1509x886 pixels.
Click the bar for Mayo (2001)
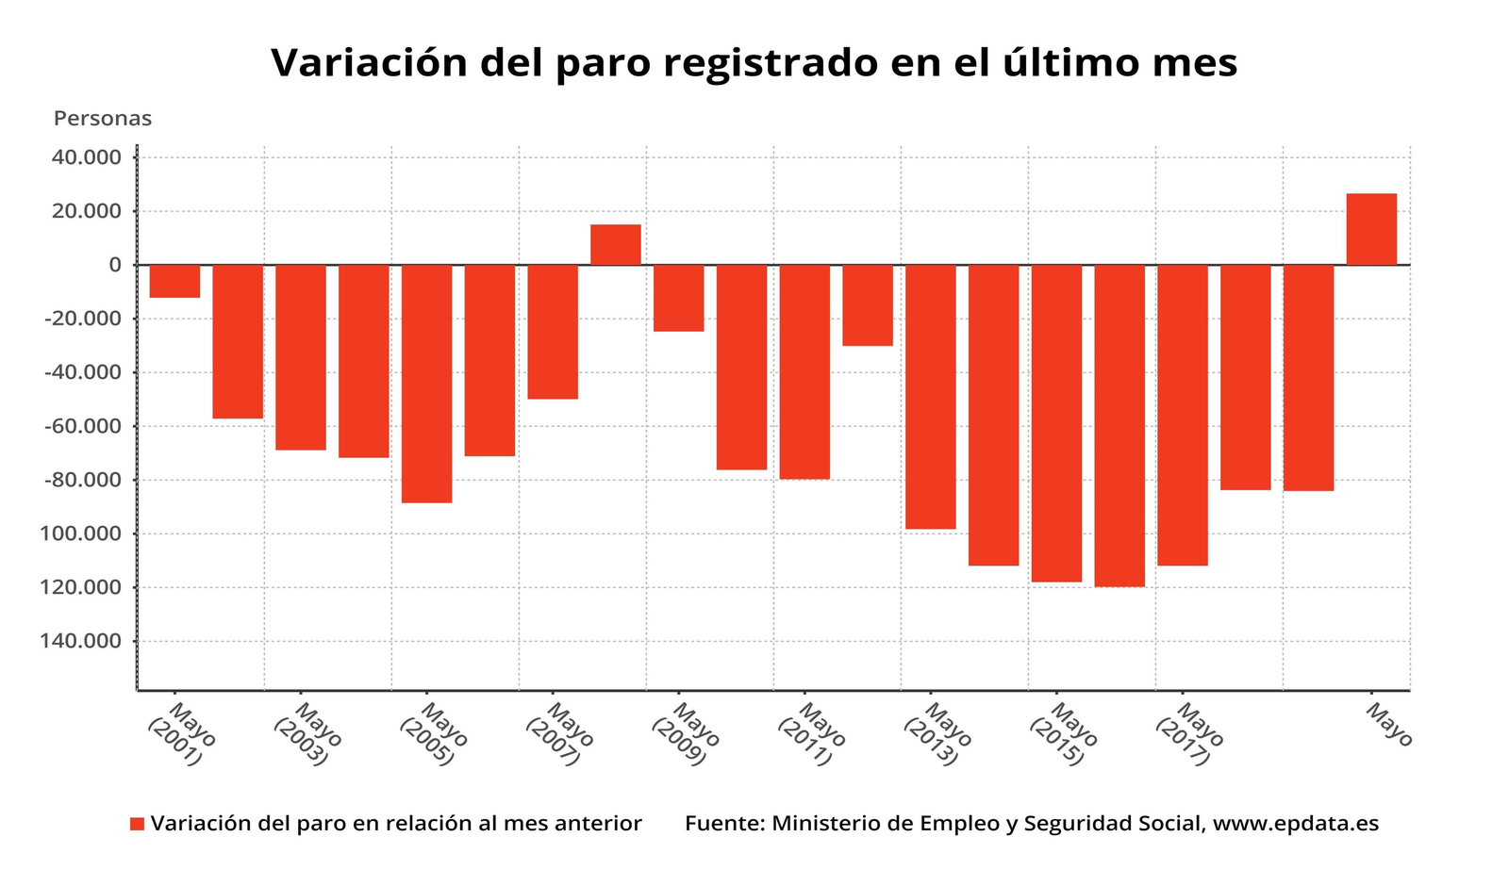pos(174,281)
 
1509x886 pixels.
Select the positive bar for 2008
pos(616,245)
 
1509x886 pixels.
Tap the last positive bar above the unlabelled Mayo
pos(1371,229)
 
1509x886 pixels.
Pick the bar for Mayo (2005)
pos(426,384)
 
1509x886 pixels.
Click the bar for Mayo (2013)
pos(931,397)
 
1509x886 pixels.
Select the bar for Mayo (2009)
pos(678,298)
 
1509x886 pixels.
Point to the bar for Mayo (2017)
pos(1183,415)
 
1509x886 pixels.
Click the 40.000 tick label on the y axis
pos(86,157)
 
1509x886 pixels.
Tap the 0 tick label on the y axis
pos(115,265)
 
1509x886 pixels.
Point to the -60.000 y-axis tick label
pos(83,426)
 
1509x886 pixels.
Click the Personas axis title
pos(103,119)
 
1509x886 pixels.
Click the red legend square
pos(137,824)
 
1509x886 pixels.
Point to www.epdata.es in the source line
pos(1295,824)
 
